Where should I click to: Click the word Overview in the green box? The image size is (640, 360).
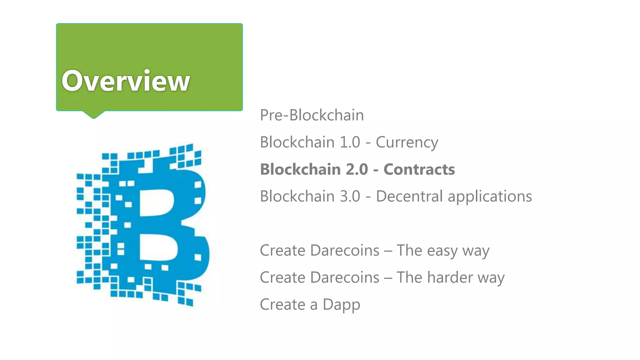click(x=126, y=81)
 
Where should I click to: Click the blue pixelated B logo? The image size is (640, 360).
click(x=142, y=225)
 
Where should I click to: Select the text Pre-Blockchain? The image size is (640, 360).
click(x=312, y=115)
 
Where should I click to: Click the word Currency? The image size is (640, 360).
click(x=407, y=142)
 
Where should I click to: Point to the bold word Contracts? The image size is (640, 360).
click(x=419, y=169)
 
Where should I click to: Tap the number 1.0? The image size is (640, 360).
click(x=350, y=142)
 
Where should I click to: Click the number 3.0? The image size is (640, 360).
click(x=350, y=196)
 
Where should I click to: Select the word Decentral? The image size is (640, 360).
click(x=409, y=196)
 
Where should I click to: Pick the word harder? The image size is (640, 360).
click(x=450, y=277)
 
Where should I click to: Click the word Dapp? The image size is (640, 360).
click(x=341, y=305)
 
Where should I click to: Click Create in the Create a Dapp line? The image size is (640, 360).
click(x=282, y=305)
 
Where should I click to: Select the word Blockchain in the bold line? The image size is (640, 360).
click(x=300, y=169)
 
